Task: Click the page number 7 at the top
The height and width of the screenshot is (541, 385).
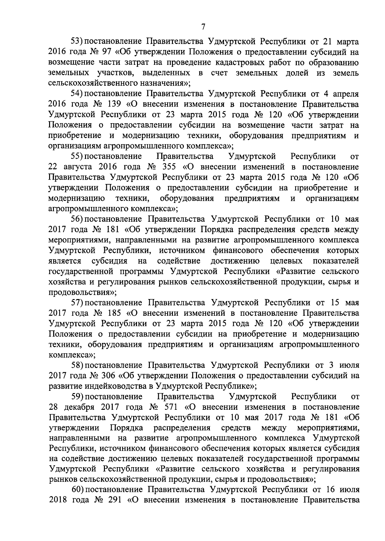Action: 203,27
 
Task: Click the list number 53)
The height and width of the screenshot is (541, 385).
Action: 77,42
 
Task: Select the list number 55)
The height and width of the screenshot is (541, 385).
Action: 77,157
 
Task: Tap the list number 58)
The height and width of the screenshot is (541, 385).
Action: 77,365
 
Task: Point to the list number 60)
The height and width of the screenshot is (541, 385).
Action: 77,490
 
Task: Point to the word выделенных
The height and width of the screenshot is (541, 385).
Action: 165,73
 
